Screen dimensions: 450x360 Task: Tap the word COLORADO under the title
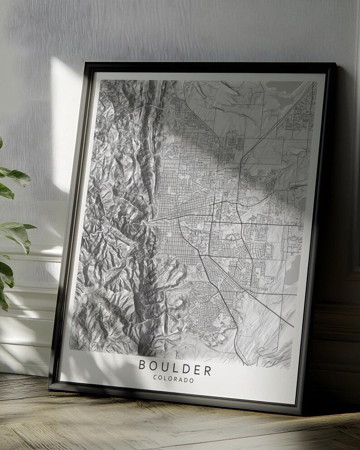[174, 380]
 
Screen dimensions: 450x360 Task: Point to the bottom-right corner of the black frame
[301, 414]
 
